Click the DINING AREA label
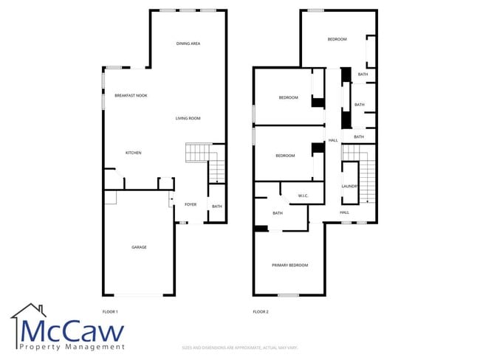(188, 44)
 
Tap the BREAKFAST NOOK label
(131, 95)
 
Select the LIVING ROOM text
(188, 118)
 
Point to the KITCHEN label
(133, 153)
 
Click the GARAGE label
(139, 247)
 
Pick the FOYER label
(191, 205)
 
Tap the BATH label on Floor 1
(217, 207)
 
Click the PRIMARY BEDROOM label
(289, 265)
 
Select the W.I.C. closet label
(303, 195)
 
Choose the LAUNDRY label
(350, 187)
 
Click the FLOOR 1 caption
(110, 312)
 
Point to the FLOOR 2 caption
(261, 312)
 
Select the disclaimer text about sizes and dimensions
(239, 347)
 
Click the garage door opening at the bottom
(139, 295)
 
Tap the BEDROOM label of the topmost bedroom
(337, 39)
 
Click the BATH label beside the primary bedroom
(278, 213)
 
